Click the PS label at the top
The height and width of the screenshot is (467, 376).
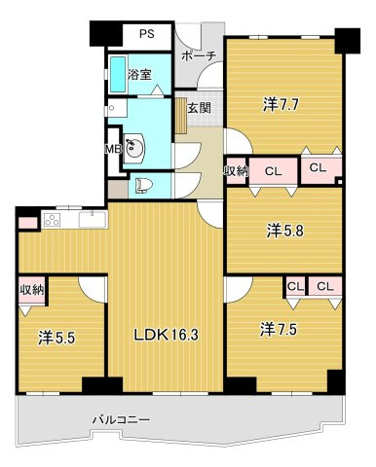[x=147, y=34]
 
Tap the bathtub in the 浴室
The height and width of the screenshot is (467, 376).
[x=118, y=74]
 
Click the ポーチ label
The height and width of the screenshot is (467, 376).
[x=199, y=56]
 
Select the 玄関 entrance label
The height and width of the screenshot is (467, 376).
[x=199, y=108]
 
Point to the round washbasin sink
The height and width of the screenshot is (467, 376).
[x=134, y=149]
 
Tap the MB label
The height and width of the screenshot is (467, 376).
[x=114, y=149]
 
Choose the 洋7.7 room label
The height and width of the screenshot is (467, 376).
[x=281, y=105]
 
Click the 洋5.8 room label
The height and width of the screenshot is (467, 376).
[x=284, y=232]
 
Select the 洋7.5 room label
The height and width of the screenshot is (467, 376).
[x=279, y=329]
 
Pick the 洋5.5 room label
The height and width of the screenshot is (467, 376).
[x=56, y=338]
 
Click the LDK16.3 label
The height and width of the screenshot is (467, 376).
[x=167, y=335]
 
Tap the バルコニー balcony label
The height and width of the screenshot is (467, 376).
[x=122, y=420]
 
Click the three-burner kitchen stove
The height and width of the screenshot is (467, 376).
[x=53, y=220]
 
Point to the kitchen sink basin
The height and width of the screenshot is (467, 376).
[x=93, y=220]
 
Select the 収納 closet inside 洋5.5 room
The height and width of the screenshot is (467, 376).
[x=31, y=290]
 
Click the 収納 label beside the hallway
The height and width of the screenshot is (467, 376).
[x=236, y=170]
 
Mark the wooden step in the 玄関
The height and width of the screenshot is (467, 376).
[x=181, y=116]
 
